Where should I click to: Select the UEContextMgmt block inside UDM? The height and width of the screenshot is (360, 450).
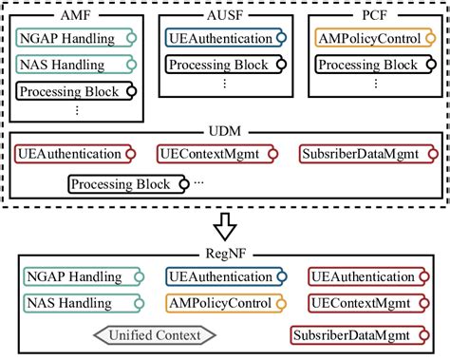pyautogui.click(x=219, y=153)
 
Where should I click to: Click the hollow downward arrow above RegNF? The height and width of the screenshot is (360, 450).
pyautogui.click(x=224, y=225)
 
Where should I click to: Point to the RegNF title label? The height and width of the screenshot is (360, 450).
pyautogui.click(x=225, y=254)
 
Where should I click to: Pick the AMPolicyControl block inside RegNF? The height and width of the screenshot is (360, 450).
pyautogui.click(x=226, y=303)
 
